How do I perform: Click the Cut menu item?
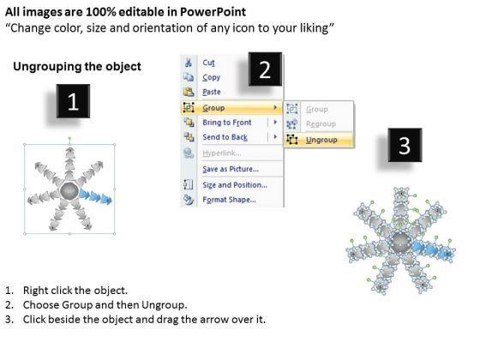pyautogui.click(x=208, y=63)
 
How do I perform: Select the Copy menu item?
pyautogui.click(x=211, y=77)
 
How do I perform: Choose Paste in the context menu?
pyautogui.click(x=212, y=92)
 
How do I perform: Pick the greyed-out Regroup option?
pyautogui.click(x=321, y=124)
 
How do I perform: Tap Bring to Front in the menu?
pyautogui.click(x=227, y=123)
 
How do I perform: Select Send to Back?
pyautogui.click(x=225, y=137)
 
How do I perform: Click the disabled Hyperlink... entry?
pyautogui.click(x=222, y=153)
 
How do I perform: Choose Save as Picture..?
pyautogui.click(x=231, y=169)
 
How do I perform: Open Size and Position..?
pyautogui.click(x=235, y=185)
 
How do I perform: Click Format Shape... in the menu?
pyautogui.click(x=230, y=200)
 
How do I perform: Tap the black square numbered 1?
pyautogui.click(x=73, y=101)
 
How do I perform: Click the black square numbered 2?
pyautogui.click(x=265, y=69)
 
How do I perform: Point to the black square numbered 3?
pyautogui.click(x=405, y=145)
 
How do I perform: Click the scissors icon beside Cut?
pyautogui.click(x=189, y=63)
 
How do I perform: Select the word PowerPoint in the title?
pyautogui.click(x=213, y=12)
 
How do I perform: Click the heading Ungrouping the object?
pyautogui.click(x=77, y=67)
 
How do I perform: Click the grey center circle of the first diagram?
pyautogui.click(x=69, y=191)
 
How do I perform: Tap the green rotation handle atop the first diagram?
pyautogui.click(x=69, y=138)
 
